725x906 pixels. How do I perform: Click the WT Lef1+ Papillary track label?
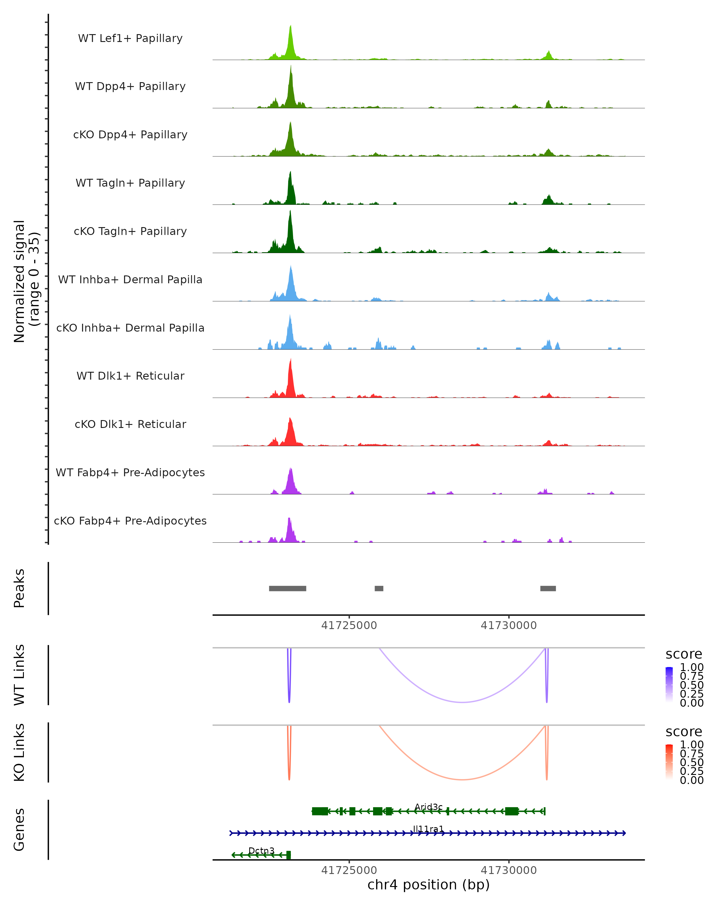click(x=130, y=38)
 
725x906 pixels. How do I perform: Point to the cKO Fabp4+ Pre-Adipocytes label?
click(x=130, y=521)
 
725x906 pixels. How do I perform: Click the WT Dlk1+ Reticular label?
click(x=130, y=376)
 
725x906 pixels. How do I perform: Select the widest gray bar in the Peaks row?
click(x=288, y=588)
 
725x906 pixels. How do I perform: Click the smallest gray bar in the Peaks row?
click(x=379, y=588)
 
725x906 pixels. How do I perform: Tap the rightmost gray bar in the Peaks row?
click(x=548, y=588)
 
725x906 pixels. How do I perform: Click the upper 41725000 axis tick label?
click(x=349, y=626)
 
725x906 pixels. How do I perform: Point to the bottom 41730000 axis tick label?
click(x=508, y=870)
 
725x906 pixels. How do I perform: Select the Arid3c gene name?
click(x=428, y=807)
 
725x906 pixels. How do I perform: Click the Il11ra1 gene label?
click(x=428, y=829)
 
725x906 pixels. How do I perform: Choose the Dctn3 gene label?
click(x=261, y=850)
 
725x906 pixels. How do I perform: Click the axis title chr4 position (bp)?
click(x=428, y=885)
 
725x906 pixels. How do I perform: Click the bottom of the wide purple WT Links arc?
click(x=462, y=702)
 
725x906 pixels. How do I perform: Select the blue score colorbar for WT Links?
click(x=669, y=685)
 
